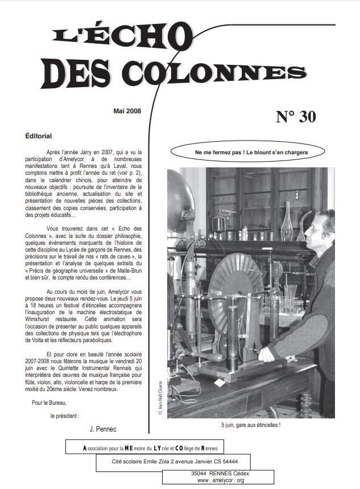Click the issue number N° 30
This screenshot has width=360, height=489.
[x=296, y=117]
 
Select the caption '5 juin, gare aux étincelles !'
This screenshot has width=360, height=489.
[x=251, y=425]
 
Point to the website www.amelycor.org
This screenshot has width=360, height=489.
[x=220, y=480]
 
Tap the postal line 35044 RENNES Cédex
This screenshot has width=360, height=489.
[x=220, y=473]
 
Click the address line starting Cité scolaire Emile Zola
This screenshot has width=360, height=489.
[x=174, y=462]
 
